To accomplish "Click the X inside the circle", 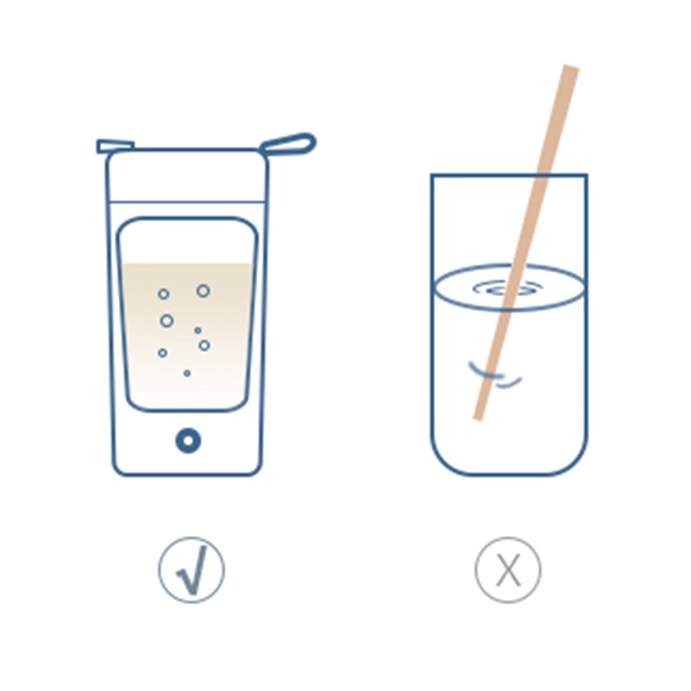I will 508,570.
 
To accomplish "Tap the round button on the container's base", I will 188,441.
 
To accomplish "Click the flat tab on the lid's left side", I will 114,146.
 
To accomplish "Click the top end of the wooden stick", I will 571,69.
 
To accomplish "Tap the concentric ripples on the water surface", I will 507,288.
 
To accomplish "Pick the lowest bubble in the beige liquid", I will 187,373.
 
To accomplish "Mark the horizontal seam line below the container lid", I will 187,202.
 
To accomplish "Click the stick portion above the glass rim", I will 557,121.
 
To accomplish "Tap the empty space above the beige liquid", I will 187,242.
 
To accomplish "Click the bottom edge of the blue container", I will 187,475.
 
